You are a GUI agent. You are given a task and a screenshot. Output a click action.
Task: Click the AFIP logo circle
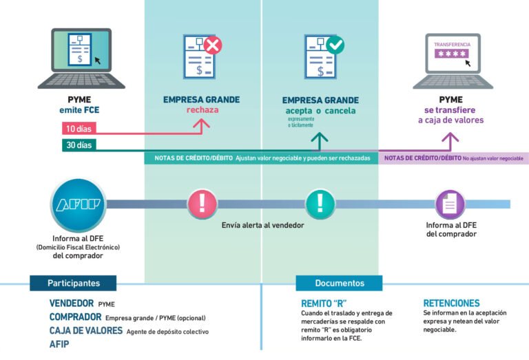click(78, 204)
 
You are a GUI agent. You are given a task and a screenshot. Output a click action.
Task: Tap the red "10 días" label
click(78, 129)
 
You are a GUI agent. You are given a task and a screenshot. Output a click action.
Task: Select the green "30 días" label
click(78, 145)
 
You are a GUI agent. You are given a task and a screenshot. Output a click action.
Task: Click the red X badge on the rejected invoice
click(213, 46)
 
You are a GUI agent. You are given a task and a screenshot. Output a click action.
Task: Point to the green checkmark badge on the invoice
click(335, 46)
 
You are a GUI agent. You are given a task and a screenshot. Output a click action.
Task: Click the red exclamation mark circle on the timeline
click(202, 204)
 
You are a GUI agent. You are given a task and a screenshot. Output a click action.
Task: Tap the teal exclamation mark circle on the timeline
click(320, 204)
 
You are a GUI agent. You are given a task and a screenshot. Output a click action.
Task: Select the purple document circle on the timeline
click(450, 204)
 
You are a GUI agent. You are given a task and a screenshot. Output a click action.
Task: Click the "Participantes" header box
click(73, 283)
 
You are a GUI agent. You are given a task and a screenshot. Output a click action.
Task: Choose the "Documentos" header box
click(339, 283)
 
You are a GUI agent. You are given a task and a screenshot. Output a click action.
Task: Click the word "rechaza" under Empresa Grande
click(202, 110)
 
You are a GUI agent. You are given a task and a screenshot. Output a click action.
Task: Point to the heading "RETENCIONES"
click(451, 303)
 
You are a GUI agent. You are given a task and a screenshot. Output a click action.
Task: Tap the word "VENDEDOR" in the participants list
click(71, 303)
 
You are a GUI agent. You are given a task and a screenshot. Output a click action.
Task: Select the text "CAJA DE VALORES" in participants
click(85, 330)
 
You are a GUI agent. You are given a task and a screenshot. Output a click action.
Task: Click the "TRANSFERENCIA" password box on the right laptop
click(453, 52)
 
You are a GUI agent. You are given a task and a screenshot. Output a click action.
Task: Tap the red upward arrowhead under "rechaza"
click(202, 123)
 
